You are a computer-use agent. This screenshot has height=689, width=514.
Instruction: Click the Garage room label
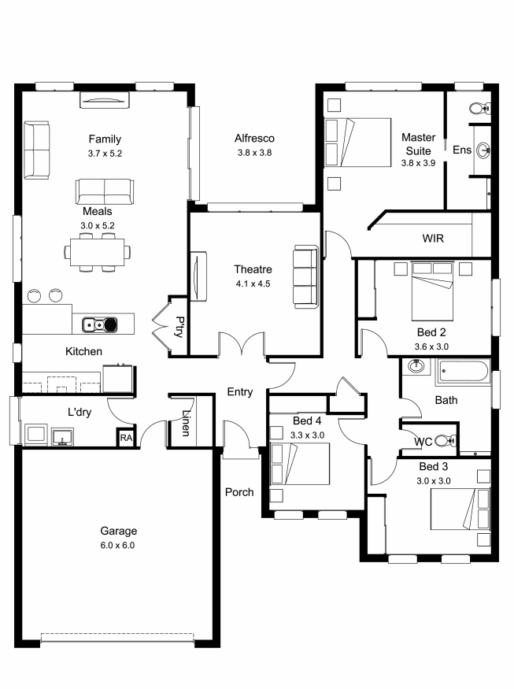[x=119, y=531]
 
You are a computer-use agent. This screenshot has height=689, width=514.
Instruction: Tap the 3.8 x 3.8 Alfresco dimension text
[x=255, y=153]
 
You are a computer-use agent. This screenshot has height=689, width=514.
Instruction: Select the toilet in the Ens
[x=479, y=108]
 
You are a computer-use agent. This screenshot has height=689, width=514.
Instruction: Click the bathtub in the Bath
[x=463, y=372]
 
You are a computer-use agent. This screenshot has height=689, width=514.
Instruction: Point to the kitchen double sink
[x=100, y=324]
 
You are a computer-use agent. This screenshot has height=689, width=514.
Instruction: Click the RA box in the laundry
[x=126, y=438]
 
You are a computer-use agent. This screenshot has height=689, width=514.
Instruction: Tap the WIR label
[x=433, y=239]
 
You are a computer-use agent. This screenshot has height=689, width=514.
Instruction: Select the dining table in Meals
[x=97, y=252]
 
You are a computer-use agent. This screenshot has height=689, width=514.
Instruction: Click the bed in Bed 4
[x=300, y=464]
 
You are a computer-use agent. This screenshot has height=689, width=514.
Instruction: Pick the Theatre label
[x=253, y=269]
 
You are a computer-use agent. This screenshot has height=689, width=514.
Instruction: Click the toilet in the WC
[x=446, y=440]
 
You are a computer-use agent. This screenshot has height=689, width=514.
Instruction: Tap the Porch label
[x=239, y=492]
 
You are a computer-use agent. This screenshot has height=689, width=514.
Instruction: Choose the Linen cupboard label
[x=186, y=423]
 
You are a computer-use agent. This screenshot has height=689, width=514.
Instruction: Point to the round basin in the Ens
[x=483, y=150]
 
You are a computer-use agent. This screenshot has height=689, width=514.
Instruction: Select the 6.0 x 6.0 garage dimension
[x=117, y=546]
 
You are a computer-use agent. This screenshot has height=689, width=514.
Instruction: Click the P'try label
[x=179, y=327]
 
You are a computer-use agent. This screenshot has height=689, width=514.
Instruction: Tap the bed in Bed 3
[x=460, y=509]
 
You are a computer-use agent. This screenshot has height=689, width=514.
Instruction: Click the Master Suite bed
[x=357, y=142]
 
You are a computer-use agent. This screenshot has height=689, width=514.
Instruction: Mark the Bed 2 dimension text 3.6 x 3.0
[x=432, y=346]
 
